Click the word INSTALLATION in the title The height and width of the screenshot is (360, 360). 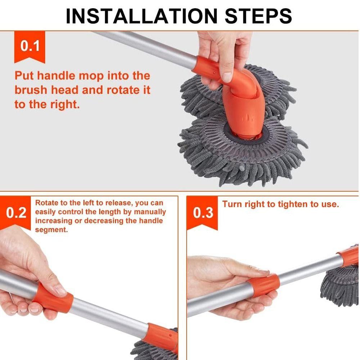141,16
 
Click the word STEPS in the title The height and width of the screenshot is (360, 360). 258,16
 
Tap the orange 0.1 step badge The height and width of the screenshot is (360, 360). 30,47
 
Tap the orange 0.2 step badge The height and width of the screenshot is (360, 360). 15,213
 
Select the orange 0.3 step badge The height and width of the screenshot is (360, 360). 202,213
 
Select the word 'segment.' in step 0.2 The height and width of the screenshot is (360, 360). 51,230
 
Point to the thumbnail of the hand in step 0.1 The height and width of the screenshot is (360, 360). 227,77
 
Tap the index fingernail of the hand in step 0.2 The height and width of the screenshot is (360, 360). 60,290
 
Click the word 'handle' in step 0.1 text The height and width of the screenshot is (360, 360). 56,76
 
